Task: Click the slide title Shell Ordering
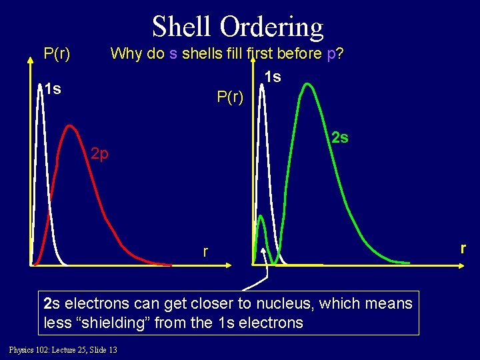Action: [237, 27]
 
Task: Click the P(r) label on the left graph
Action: [57, 53]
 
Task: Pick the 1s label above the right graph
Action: [272, 77]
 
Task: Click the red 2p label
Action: [100, 155]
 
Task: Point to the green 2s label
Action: [340, 138]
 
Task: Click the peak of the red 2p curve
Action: [69, 126]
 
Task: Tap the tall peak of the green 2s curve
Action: [306, 85]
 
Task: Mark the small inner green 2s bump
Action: [261, 217]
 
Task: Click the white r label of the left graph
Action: [206, 251]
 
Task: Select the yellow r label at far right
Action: [463, 248]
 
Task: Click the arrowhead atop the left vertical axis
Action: [30, 59]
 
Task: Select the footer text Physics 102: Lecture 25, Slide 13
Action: [63, 350]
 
